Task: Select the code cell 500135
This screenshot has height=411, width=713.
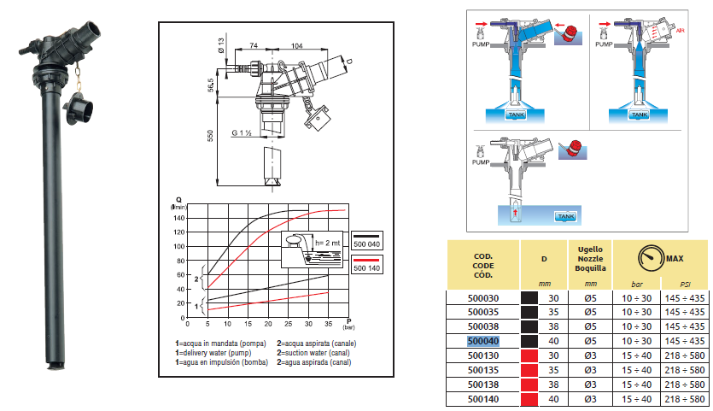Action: click(485, 370)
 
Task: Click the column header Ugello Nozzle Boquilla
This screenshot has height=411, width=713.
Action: click(591, 257)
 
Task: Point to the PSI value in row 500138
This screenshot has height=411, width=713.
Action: click(686, 385)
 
